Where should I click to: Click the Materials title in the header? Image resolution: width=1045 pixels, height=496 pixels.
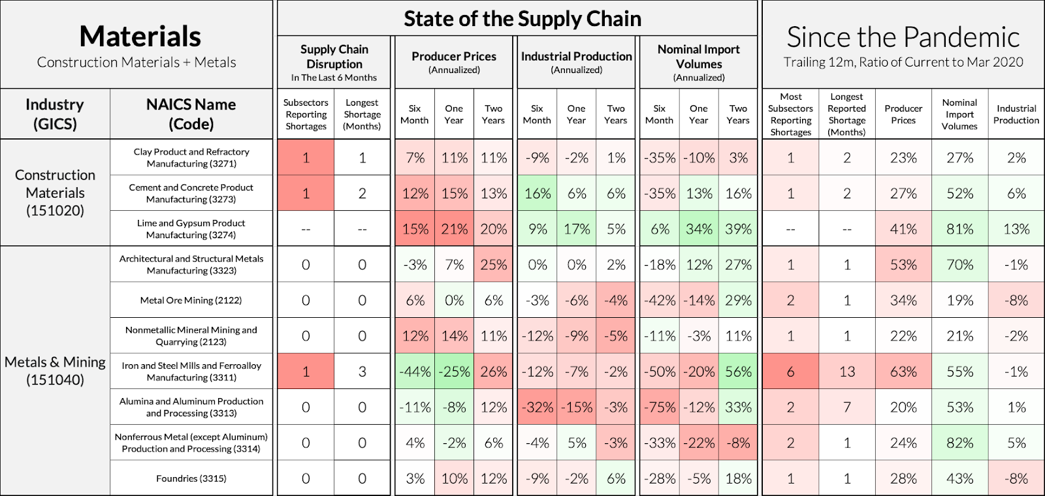tap(140, 37)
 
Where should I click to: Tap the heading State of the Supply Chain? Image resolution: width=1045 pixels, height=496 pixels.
tap(522, 19)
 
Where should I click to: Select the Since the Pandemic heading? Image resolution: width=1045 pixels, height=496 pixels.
tap(903, 37)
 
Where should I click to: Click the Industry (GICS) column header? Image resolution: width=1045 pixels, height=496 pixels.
tap(55, 114)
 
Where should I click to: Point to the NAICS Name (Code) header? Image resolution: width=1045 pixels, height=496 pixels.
tap(191, 114)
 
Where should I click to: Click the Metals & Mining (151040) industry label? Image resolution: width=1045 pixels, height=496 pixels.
tap(55, 371)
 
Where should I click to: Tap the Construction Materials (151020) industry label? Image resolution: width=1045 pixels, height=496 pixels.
tap(55, 193)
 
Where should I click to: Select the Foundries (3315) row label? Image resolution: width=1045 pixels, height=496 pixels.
tap(191, 478)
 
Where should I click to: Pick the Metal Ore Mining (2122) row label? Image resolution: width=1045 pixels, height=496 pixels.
tap(191, 300)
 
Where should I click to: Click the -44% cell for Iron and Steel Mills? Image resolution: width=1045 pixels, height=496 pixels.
tap(415, 371)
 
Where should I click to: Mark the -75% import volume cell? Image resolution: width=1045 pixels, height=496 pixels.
tap(660, 407)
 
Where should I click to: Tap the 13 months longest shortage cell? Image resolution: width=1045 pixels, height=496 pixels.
tap(846, 371)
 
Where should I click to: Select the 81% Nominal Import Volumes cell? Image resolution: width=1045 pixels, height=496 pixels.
tap(959, 229)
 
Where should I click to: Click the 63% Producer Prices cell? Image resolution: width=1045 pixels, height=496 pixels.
tap(903, 371)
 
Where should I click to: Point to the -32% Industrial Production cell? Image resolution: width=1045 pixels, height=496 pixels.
tap(537, 407)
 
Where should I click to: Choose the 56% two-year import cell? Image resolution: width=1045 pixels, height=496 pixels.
tap(738, 371)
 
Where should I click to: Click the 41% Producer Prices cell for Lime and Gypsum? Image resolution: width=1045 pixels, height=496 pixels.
tap(903, 229)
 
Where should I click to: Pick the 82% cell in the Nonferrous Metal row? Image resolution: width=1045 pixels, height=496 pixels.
tap(959, 443)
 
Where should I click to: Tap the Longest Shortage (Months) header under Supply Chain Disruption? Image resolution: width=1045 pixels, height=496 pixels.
tap(362, 114)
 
